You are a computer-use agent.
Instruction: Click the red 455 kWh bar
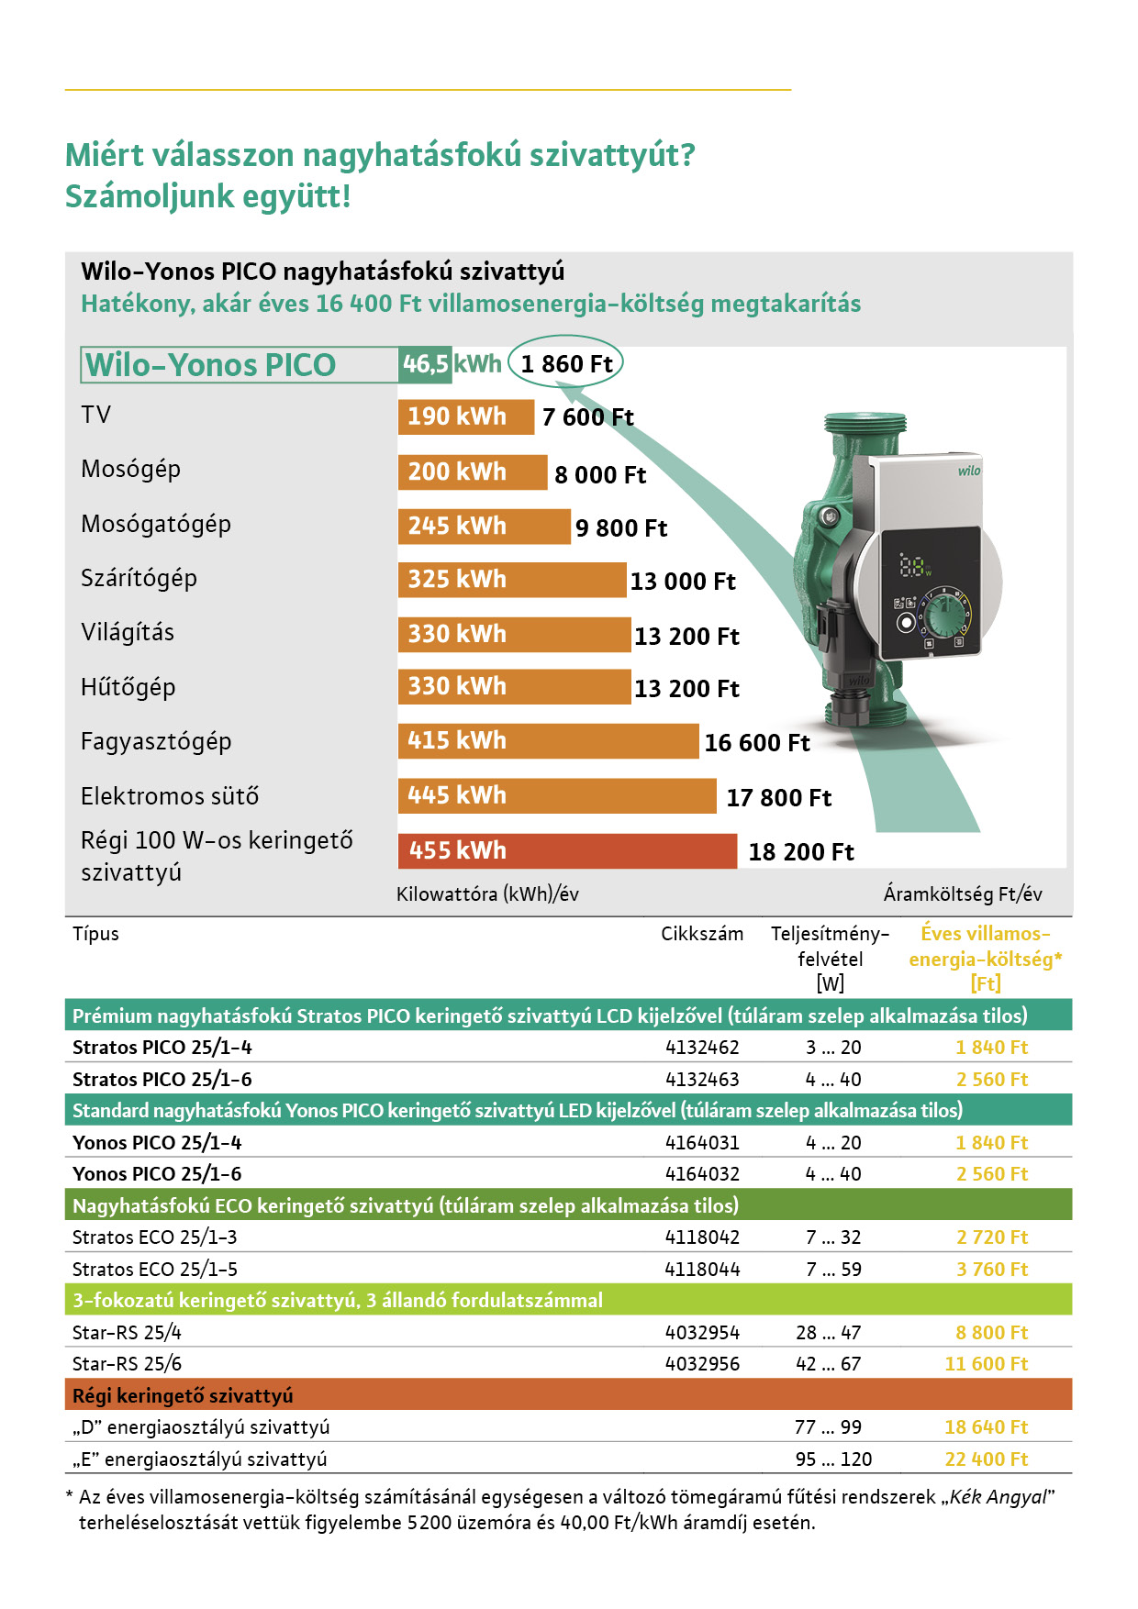point(566,850)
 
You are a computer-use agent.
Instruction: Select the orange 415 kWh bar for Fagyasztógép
point(547,741)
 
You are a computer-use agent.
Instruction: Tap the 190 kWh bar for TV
point(465,416)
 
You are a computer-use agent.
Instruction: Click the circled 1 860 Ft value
point(566,364)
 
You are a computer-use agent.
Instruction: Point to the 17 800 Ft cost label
point(778,798)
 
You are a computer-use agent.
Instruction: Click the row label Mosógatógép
point(156,524)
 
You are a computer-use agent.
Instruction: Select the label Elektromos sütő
point(170,796)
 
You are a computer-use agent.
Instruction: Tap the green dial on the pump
point(943,612)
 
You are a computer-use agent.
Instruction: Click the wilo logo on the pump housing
point(969,471)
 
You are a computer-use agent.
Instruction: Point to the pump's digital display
point(914,566)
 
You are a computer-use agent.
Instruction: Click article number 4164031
point(702,1143)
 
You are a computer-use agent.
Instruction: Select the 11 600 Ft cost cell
point(987,1364)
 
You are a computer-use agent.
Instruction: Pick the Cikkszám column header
point(702,934)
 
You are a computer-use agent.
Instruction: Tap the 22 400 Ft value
point(987,1459)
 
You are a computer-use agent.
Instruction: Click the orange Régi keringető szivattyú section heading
point(183,1396)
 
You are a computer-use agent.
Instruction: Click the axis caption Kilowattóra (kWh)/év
point(487,894)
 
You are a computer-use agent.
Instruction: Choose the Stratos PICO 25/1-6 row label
point(162,1080)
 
